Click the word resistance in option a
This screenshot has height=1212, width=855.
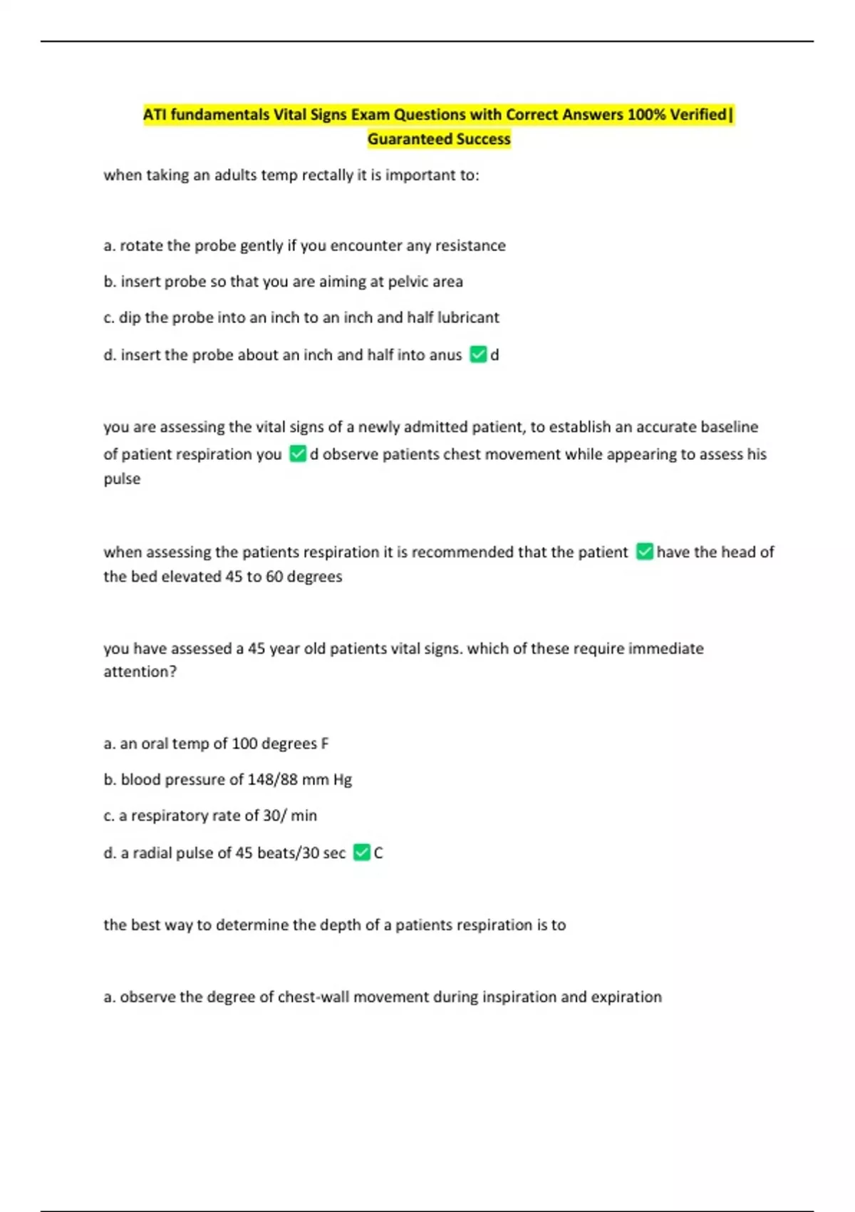(470, 246)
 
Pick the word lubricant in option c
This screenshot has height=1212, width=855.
(468, 318)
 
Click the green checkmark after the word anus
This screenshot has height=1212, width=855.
(478, 354)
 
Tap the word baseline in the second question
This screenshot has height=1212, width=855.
(729, 427)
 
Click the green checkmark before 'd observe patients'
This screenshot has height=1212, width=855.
(298, 454)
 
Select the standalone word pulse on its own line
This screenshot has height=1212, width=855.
(122, 479)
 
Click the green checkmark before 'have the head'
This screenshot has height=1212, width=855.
(644, 552)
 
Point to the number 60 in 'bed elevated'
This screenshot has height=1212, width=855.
(274, 577)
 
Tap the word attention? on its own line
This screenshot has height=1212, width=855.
(140, 672)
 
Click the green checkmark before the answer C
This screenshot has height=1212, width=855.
(361, 853)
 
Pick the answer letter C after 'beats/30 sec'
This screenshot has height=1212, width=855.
(378, 853)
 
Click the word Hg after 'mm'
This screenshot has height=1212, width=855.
(342, 780)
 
